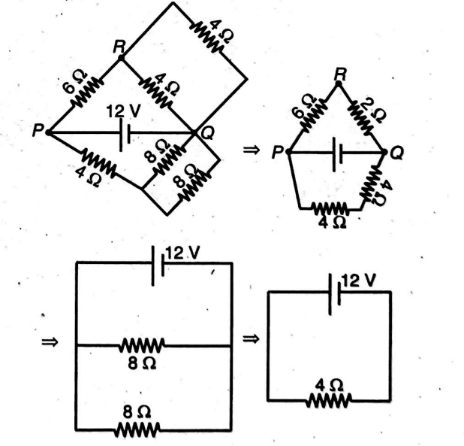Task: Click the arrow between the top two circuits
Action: click(250, 151)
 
